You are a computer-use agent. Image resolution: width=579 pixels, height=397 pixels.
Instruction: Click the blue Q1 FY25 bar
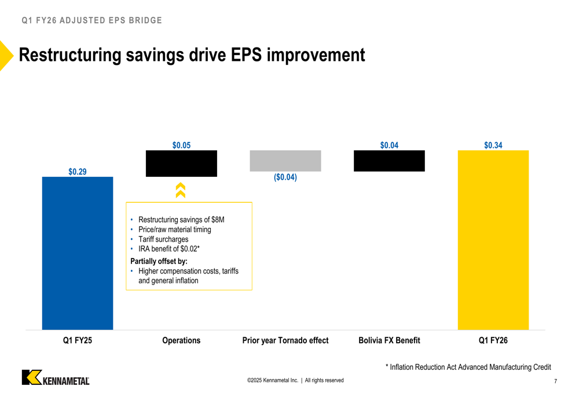click(x=78, y=253)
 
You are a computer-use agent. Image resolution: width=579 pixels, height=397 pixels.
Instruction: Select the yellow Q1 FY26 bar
click(x=493, y=240)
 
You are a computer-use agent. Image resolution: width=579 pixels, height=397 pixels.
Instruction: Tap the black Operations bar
click(x=181, y=163)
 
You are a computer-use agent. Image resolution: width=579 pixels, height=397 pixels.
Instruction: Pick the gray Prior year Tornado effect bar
click(x=285, y=161)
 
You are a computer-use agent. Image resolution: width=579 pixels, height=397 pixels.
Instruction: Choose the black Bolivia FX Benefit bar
click(x=389, y=161)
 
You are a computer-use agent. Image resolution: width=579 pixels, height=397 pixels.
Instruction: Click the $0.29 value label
click(x=78, y=172)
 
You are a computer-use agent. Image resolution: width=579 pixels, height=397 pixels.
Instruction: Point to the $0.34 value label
click(x=493, y=145)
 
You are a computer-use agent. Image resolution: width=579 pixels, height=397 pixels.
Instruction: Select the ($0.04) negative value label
click(x=285, y=177)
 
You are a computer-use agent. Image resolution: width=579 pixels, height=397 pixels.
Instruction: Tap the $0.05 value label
click(x=181, y=145)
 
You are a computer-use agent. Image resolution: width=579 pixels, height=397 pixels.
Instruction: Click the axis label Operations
click(x=181, y=340)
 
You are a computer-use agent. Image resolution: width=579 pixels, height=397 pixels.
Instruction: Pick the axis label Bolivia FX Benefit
click(x=389, y=340)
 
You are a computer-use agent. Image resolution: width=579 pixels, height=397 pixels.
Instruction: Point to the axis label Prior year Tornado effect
click(x=285, y=340)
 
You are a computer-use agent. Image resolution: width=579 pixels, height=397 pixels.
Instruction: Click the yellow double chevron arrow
click(x=181, y=191)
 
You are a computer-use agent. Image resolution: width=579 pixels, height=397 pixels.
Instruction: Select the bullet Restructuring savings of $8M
click(x=181, y=220)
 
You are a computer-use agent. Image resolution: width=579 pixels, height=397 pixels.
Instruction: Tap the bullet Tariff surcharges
click(x=163, y=239)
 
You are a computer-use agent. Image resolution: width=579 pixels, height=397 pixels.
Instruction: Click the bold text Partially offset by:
click(x=159, y=261)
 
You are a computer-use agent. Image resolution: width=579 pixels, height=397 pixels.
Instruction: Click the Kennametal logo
click(x=56, y=377)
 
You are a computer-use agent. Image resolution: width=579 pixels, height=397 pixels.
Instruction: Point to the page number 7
click(x=555, y=381)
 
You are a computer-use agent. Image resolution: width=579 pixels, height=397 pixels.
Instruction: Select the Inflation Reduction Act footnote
click(x=468, y=367)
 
